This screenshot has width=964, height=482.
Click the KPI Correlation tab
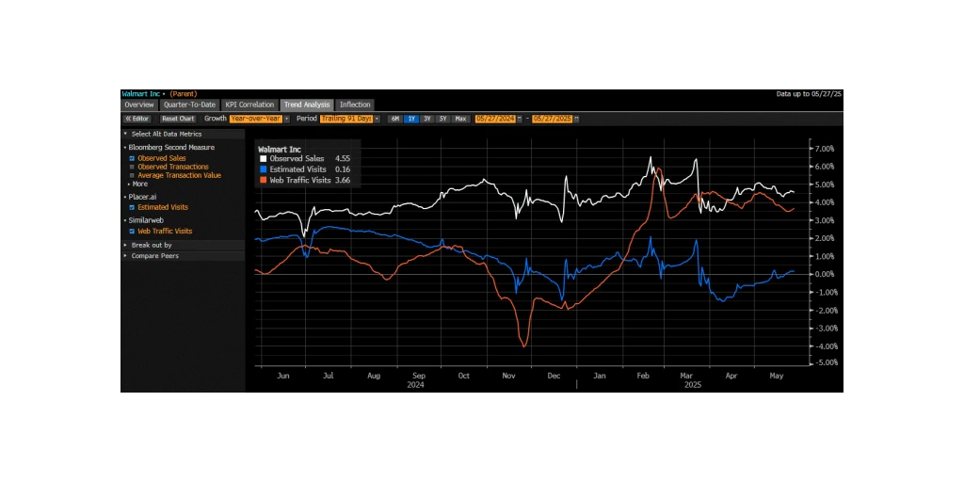point(249,104)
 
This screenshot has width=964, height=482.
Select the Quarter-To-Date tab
point(188,104)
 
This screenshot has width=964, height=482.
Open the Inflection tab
point(355,104)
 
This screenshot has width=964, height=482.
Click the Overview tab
point(138,104)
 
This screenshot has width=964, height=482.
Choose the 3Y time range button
point(427,119)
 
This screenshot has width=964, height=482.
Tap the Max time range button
point(460,119)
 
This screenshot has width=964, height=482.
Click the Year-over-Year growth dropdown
point(256,119)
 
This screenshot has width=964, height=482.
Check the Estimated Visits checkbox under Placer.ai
point(132,207)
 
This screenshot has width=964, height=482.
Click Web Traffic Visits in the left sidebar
point(165,231)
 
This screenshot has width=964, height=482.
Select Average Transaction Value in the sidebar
point(179,175)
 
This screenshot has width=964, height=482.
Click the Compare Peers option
point(154,256)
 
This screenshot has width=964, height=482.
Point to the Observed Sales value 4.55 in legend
point(343,158)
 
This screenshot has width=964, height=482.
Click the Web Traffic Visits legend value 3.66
point(343,179)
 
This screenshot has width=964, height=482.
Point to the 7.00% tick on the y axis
point(825,149)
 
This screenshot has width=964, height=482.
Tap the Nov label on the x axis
point(508,376)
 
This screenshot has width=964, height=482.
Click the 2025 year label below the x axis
point(693,384)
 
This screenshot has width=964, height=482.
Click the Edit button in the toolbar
point(138,119)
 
